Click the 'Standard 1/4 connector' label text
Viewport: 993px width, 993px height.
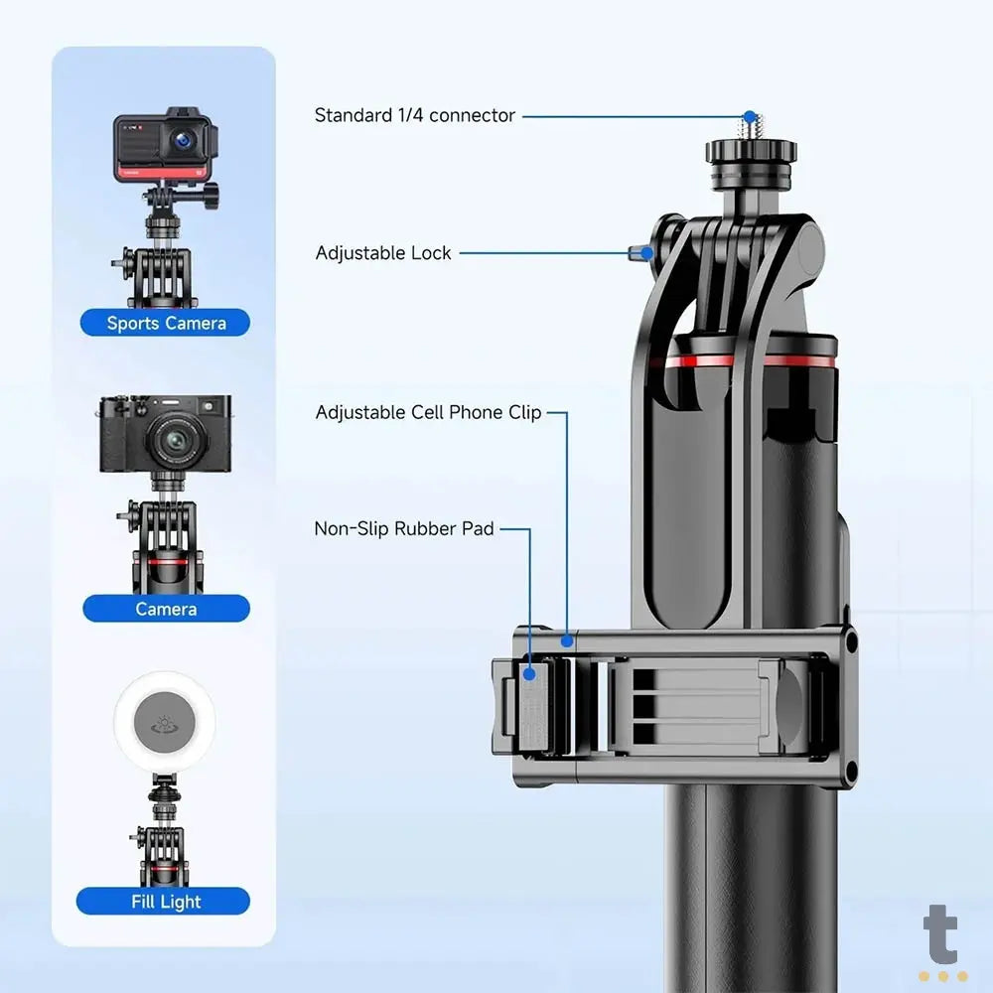[x=414, y=115]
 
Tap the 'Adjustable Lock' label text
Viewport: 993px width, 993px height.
[x=383, y=253]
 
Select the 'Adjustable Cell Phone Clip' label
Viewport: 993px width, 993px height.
[x=428, y=412]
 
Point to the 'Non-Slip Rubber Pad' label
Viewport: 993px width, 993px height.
[x=403, y=528]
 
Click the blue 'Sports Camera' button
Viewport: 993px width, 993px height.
[x=166, y=323]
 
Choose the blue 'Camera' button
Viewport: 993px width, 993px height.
[x=166, y=609]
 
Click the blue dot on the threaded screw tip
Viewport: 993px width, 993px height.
[x=750, y=117]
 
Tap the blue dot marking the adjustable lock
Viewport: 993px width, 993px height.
[x=646, y=253]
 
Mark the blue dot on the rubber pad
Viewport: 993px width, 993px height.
[x=530, y=673]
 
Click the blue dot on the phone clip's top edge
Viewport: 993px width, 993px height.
[x=566, y=640]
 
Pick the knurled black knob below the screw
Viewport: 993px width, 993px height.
[x=752, y=152]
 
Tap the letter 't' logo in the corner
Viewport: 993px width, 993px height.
[x=940, y=937]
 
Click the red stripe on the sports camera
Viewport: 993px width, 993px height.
[x=155, y=172]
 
